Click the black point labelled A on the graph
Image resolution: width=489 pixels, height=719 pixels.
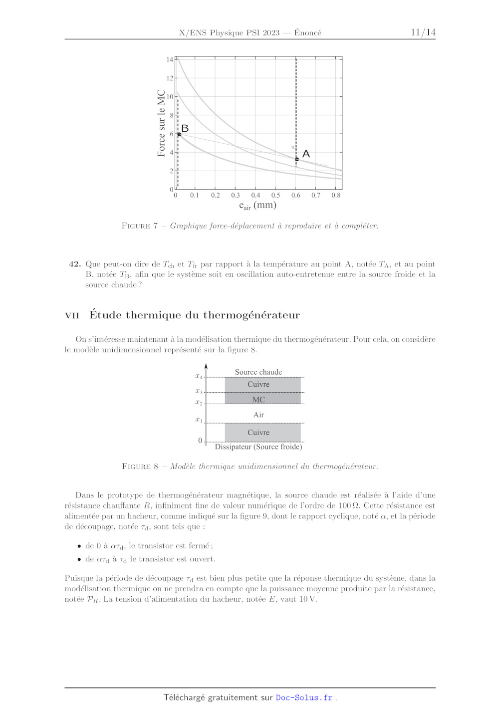coord(297,159)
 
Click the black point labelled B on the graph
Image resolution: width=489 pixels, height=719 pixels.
coord(179,134)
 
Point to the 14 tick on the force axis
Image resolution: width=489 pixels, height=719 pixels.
coord(170,60)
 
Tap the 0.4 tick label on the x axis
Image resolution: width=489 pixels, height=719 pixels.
coord(255,196)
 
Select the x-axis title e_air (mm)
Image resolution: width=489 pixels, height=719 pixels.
coord(257,206)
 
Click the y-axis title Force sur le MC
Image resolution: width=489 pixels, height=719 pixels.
coord(161,123)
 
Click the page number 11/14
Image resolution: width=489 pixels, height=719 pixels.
coord(423,32)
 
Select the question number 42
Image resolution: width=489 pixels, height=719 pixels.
coord(75,264)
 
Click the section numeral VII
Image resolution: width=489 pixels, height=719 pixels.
coord(72,315)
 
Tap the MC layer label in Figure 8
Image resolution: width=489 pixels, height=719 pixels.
coord(258,400)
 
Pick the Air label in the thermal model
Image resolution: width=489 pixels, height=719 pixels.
coord(258,415)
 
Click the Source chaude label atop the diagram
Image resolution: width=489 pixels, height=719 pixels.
coord(258,372)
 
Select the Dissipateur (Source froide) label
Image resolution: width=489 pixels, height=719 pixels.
coord(258,447)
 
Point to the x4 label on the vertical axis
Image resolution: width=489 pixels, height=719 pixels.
coord(199,376)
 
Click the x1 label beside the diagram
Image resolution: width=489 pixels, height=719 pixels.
coord(199,420)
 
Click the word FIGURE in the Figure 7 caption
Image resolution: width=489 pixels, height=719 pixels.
coord(136,226)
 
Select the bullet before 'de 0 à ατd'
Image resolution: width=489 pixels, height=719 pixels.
coord(79,546)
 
